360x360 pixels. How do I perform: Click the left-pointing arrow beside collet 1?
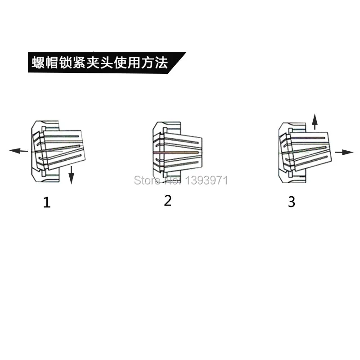(18, 151)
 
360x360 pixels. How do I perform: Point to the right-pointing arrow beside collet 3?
(344, 152)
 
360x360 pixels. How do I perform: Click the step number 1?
(47, 202)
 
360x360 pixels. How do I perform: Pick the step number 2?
(168, 201)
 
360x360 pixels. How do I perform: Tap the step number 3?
(292, 202)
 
